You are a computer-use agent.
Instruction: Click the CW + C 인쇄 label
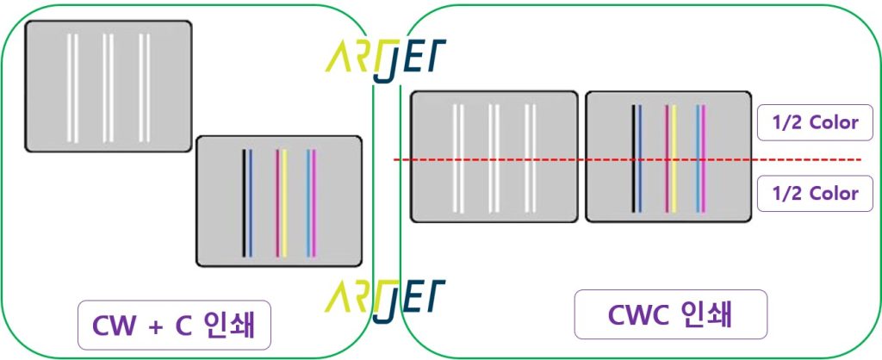point(174,326)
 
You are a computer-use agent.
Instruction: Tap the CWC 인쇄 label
point(670,314)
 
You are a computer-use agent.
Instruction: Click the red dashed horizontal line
point(627,159)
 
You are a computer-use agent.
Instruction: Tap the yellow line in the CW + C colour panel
point(284,203)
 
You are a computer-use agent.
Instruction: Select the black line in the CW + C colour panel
point(244,203)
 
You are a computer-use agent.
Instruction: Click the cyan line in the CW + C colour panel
point(308,203)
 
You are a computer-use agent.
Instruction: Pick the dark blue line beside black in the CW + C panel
point(251,203)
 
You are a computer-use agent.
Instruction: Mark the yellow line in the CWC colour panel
point(674,158)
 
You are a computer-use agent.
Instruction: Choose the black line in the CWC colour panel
point(633,158)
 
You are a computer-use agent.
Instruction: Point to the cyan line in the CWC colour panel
point(698,158)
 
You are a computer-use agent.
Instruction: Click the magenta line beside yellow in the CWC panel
point(668,158)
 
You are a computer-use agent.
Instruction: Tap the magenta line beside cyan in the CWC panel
point(703,158)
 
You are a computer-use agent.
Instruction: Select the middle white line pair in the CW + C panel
point(109,89)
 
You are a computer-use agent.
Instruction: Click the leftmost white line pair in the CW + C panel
point(72,89)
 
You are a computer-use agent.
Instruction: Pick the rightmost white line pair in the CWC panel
point(530,158)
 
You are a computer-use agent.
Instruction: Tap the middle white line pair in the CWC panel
point(494,158)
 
